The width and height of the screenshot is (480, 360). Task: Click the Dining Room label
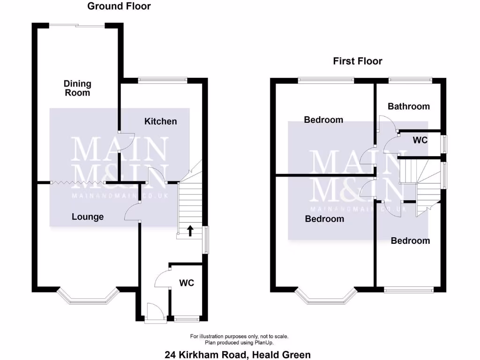coord(78,88)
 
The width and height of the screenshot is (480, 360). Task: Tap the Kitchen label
coord(160,121)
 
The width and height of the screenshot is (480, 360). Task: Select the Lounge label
coord(88,217)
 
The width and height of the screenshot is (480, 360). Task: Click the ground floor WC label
coord(187,283)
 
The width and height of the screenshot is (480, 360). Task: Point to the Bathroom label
coord(408,106)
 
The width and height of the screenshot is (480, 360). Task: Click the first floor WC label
coord(420,140)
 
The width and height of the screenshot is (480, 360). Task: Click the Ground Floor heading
coord(119,6)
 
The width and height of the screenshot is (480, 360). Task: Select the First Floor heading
coord(358,61)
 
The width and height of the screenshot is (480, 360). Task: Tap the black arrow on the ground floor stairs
coord(190,230)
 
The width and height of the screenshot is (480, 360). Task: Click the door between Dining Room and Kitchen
coord(126,142)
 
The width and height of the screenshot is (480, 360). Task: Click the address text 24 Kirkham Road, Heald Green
coord(238,355)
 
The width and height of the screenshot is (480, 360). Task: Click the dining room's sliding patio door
coord(78,25)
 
